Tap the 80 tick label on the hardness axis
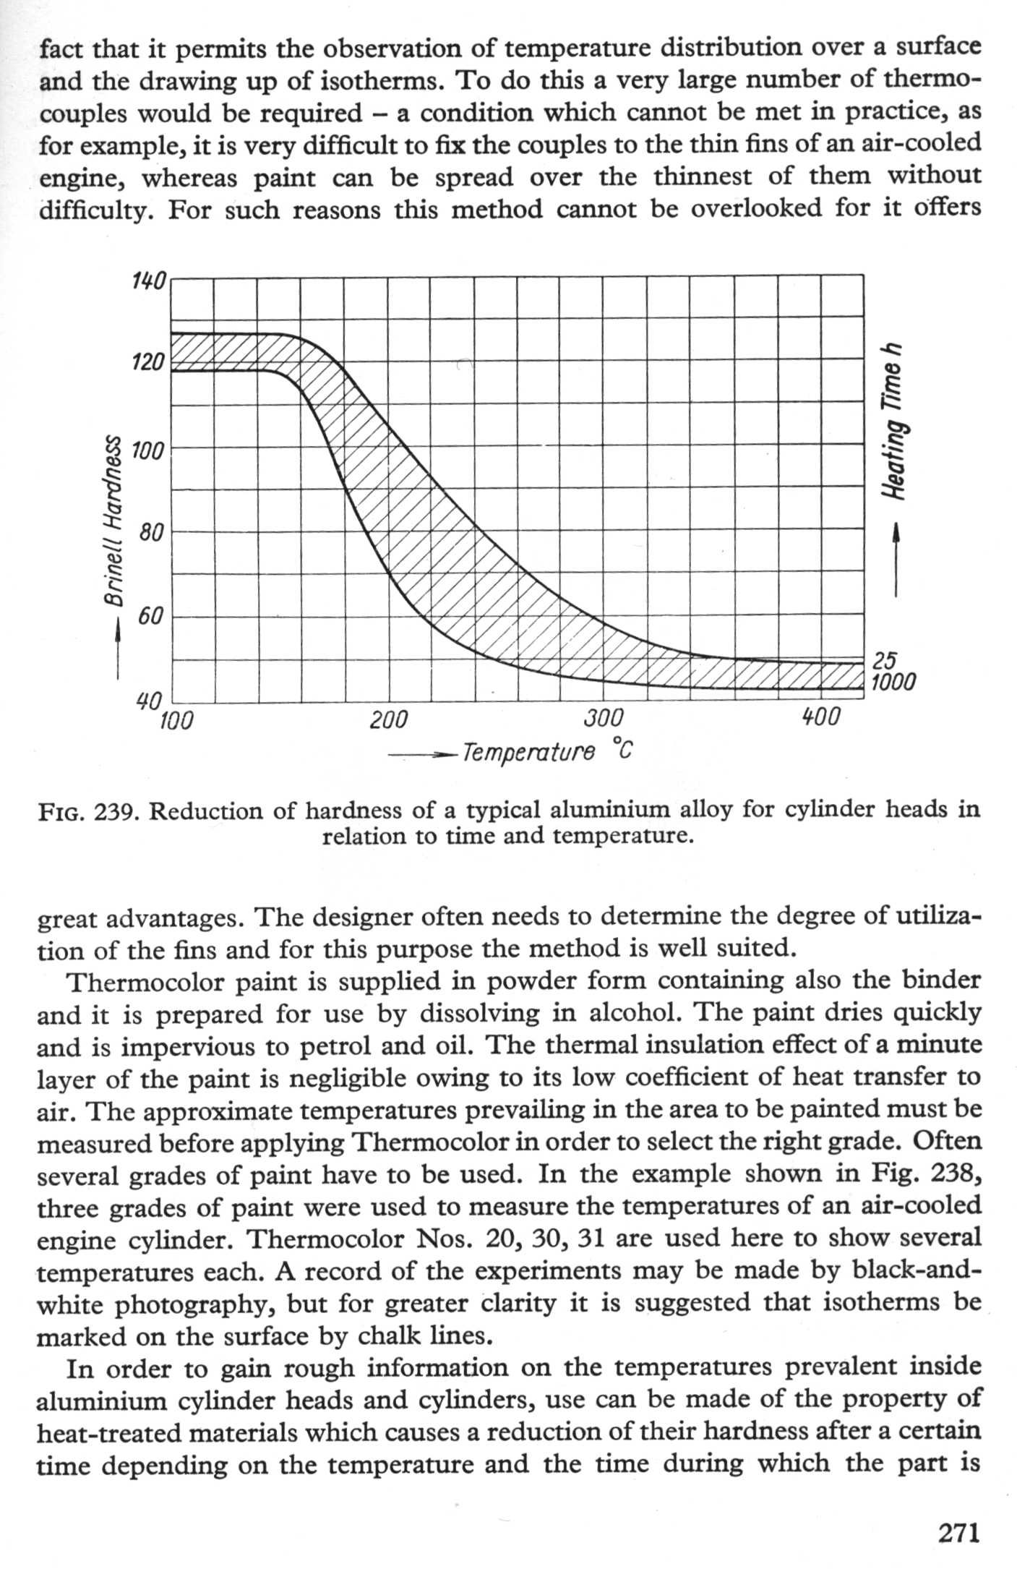[x=153, y=533]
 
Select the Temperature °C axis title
[x=547, y=752]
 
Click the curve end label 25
[x=885, y=660]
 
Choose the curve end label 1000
[x=894, y=682]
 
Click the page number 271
[x=958, y=1531]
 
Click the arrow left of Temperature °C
[x=422, y=755]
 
